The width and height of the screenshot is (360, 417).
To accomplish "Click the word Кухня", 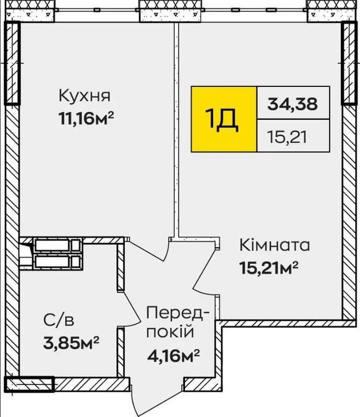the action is [x=84, y=96].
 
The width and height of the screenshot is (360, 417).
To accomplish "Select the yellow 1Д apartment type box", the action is [x=224, y=119].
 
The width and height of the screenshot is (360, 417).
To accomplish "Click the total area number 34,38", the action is [x=292, y=104].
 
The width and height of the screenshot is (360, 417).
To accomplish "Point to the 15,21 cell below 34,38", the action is [x=287, y=138].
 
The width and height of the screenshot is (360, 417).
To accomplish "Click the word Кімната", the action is [x=275, y=245].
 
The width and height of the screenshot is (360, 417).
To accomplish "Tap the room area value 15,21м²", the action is [x=268, y=267].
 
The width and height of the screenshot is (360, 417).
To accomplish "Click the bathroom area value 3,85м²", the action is [x=71, y=343].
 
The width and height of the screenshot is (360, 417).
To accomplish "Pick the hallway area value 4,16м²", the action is [x=173, y=355].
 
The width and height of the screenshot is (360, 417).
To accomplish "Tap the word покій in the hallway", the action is [x=170, y=332].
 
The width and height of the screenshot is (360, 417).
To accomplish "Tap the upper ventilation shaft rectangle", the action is [x=57, y=245].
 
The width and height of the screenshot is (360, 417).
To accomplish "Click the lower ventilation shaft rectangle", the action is [x=57, y=262].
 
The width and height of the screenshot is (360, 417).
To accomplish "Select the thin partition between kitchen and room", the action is [x=176, y=129].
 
